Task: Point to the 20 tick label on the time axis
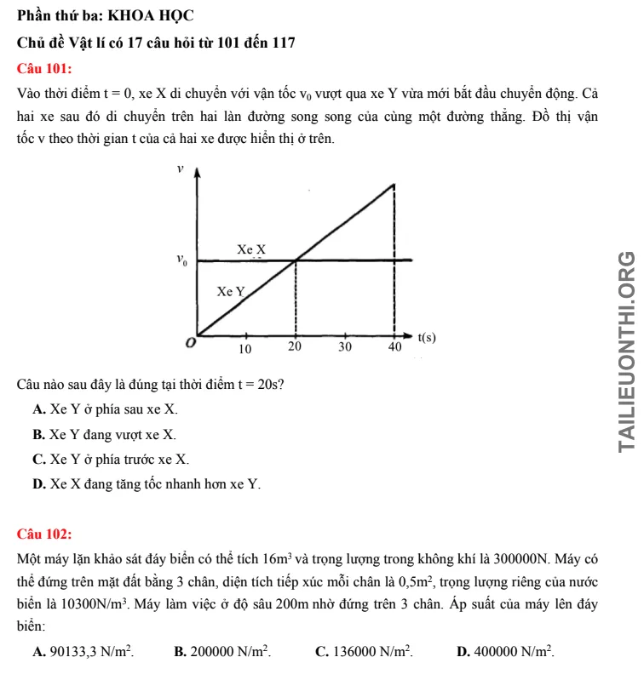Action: pos(295,349)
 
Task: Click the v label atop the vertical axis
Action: pos(180,169)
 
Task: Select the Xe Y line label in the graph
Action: pos(231,291)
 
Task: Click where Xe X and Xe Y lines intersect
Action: pos(296,260)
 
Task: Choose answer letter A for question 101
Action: pos(39,409)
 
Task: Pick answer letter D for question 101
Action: pos(39,485)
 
